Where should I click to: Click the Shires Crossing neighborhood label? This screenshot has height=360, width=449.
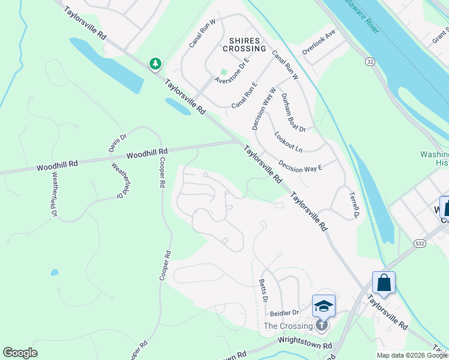pyautogui.click(x=244, y=44)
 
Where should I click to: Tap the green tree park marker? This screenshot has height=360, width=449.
pyautogui.click(x=155, y=64)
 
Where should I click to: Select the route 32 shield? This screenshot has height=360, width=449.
pyautogui.click(x=370, y=62)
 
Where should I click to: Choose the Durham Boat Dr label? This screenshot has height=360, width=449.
pyautogui.click(x=294, y=112)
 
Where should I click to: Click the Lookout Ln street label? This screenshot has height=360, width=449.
pyautogui.click(x=289, y=142)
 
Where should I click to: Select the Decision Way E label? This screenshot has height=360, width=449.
pyautogui.click(x=300, y=164)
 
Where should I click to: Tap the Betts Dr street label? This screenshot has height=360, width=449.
pyautogui.click(x=263, y=291)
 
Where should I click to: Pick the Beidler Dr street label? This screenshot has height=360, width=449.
pyautogui.click(x=285, y=313)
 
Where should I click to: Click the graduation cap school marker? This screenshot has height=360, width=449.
pyautogui.click(x=324, y=305)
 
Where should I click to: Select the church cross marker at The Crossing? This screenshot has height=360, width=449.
pyautogui.click(x=322, y=326)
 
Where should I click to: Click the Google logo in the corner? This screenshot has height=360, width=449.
pyautogui.click(x=20, y=353)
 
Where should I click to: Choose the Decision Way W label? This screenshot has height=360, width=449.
pyautogui.click(x=264, y=109)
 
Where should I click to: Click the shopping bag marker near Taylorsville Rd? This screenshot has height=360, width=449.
pyautogui.click(x=384, y=282)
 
